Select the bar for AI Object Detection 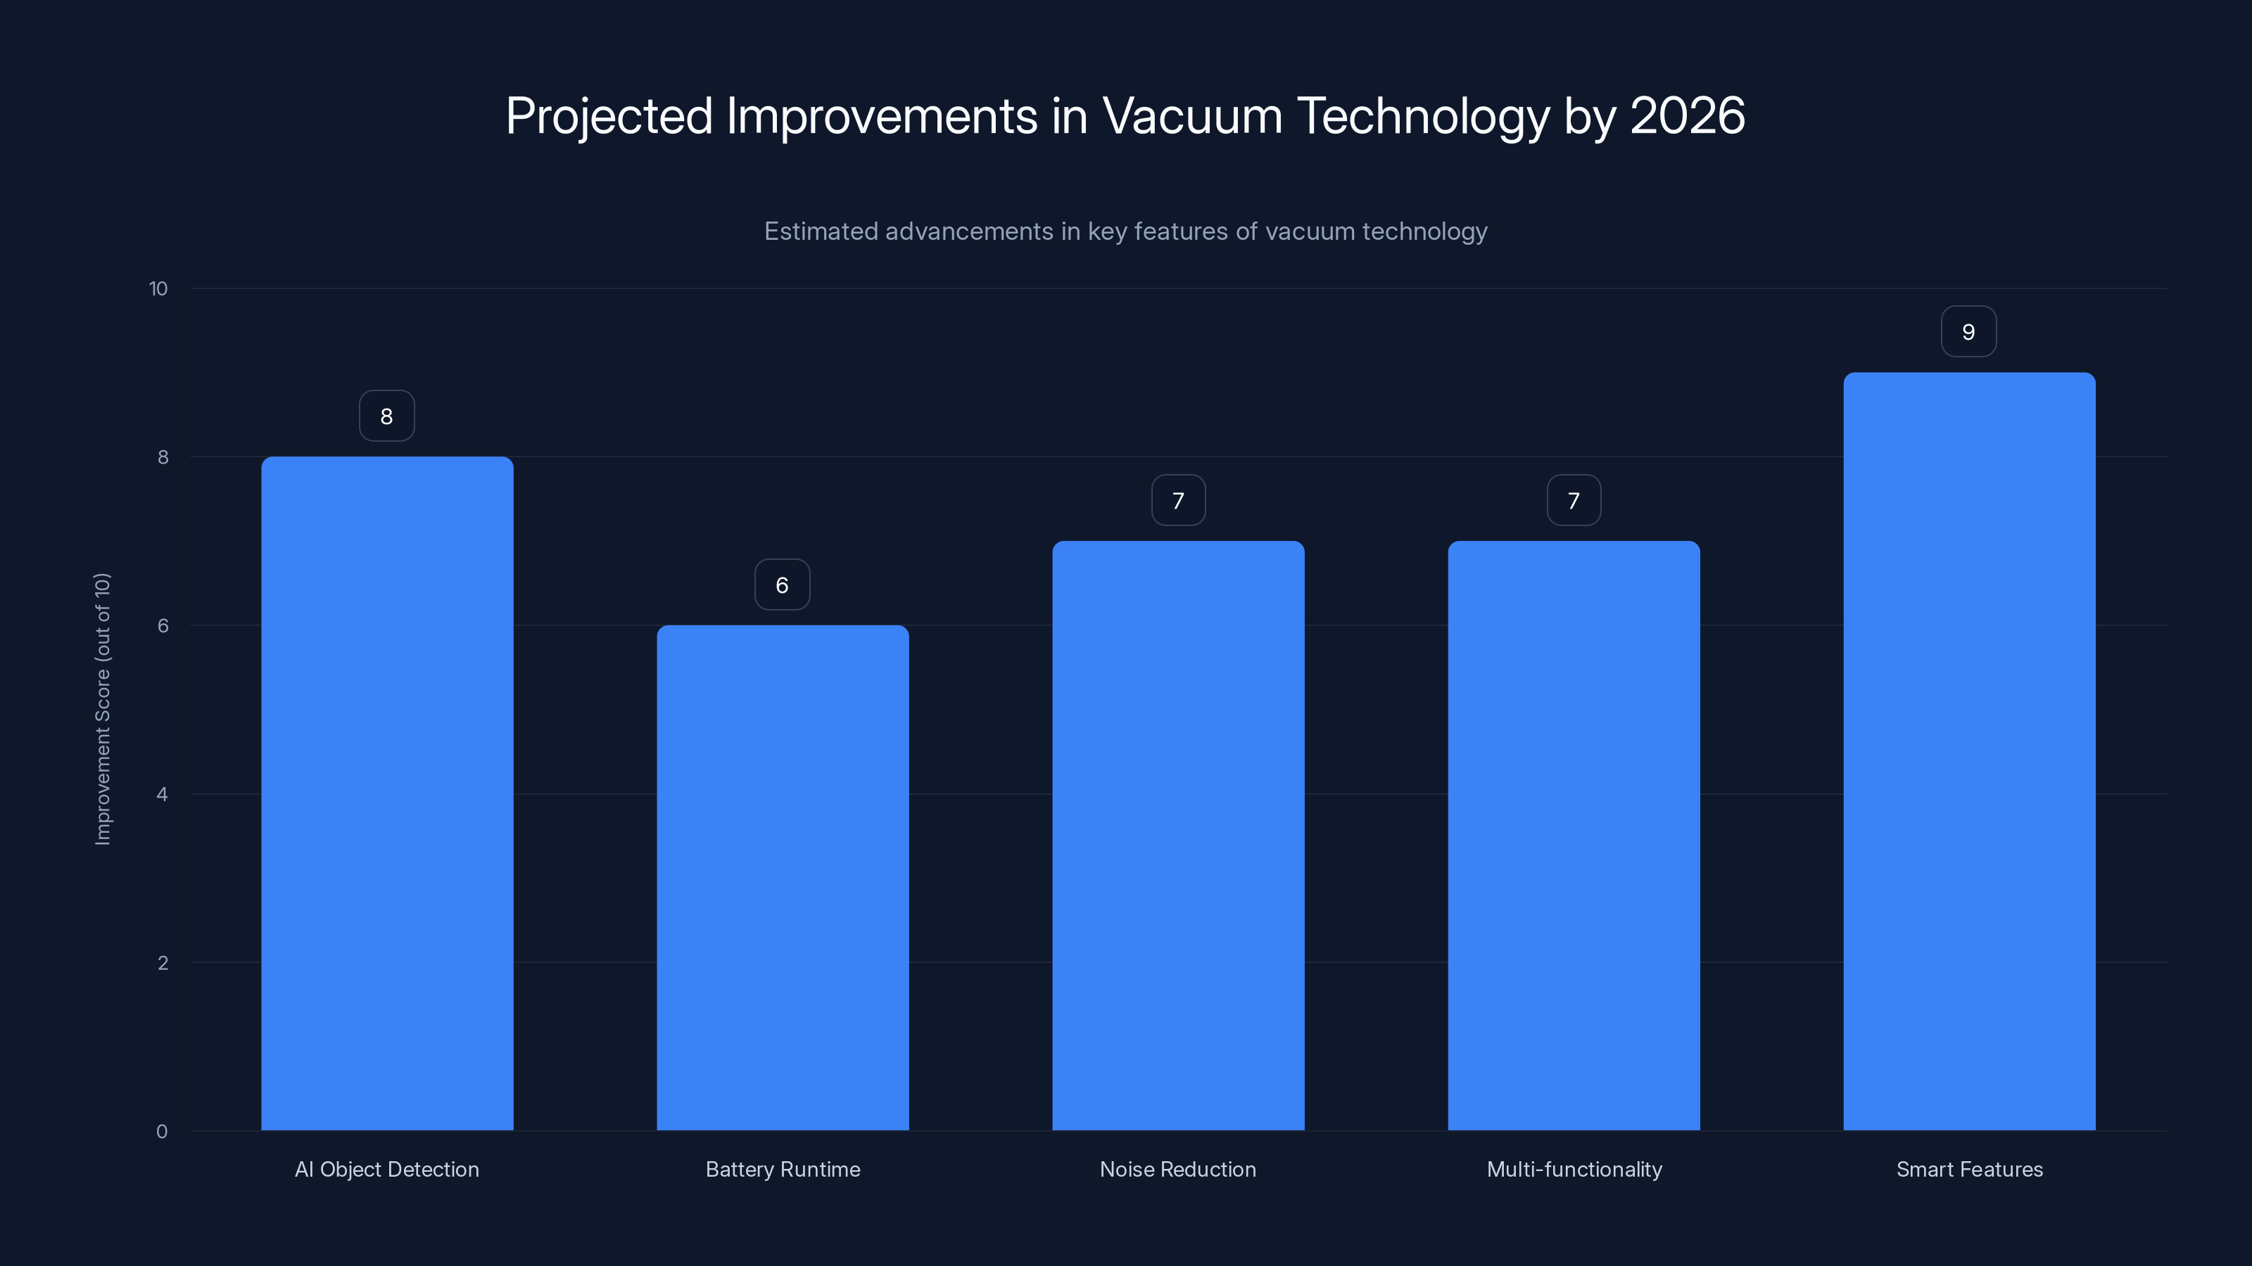pos(386,793)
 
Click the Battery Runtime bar pos(783,877)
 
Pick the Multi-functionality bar pos(1574,836)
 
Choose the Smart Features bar pos(1969,751)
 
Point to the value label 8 pos(386,416)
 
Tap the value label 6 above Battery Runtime pos(782,584)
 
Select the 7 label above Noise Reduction pos(1177,501)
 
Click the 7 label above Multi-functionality pos(1573,501)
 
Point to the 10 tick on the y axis pos(158,288)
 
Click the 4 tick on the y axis pos(162,794)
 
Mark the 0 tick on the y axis pos(162,1132)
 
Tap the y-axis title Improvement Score pos(102,708)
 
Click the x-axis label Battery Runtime pos(783,1169)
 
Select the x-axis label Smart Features pos(1969,1169)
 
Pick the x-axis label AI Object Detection pos(386,1169)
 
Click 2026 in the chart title pos(1688,115)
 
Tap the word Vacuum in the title pos(1191,115)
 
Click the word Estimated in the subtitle pos(821,231)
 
